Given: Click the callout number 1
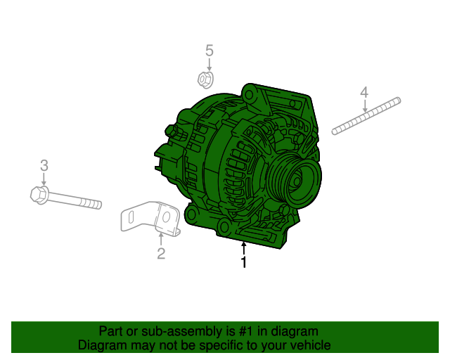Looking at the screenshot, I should (243, 264).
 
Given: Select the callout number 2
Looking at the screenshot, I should (161, 254).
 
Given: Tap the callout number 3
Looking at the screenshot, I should (44, 166).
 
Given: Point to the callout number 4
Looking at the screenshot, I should (364, 92).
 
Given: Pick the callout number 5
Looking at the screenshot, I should (209, 50).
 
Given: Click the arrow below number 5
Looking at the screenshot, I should (209, 64).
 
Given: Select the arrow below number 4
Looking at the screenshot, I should (364, 105).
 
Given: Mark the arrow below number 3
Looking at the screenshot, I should (44, 179).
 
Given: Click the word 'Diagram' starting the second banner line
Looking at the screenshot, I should (103, 345).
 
